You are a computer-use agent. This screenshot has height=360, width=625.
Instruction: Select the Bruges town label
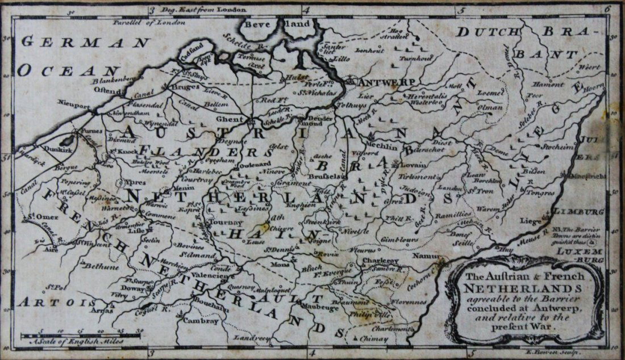pyautogui.click(x=184, y=87)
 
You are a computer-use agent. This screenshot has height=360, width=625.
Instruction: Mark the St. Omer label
pyautogui.click(x=37, y=216)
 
